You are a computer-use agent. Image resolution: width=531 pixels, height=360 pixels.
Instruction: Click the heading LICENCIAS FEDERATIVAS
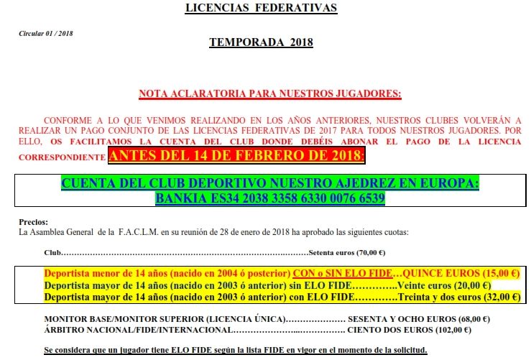coord(261,9)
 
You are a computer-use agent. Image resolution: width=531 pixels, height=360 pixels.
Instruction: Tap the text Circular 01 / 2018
coord(46,34)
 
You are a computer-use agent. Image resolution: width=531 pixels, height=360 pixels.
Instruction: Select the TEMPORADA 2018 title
coord(261,42)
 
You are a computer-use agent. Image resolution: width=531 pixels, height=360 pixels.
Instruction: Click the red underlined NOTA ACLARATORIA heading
coord(269,94)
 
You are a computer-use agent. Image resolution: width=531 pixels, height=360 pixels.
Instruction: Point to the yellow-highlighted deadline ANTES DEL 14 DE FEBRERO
coord(236,154)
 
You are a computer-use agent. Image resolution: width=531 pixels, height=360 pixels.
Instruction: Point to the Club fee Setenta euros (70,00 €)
coord(347,253)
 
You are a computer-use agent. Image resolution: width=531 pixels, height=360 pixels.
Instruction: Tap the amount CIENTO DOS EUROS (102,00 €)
coord(409,330)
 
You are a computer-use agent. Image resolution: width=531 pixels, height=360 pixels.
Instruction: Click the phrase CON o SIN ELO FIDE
coord(343,274)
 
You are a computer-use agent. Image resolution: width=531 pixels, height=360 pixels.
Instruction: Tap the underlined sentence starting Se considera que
coord(236,350)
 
